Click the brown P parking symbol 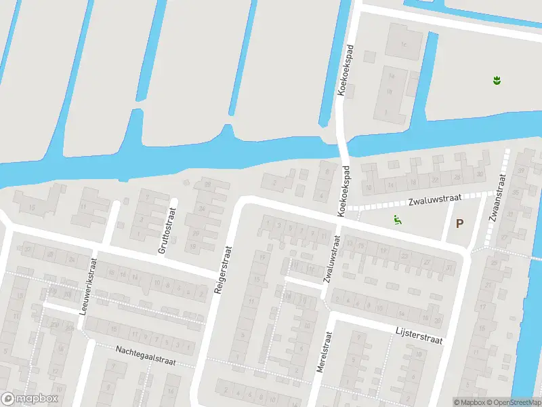click(460, 223)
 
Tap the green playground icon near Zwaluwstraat click(398, 219)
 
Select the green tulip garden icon click(497, 81)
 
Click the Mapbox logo click(30, 399)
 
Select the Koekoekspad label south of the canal click(344, 191)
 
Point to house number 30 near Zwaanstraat click(480, 174)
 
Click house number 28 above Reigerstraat click(207, 185)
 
